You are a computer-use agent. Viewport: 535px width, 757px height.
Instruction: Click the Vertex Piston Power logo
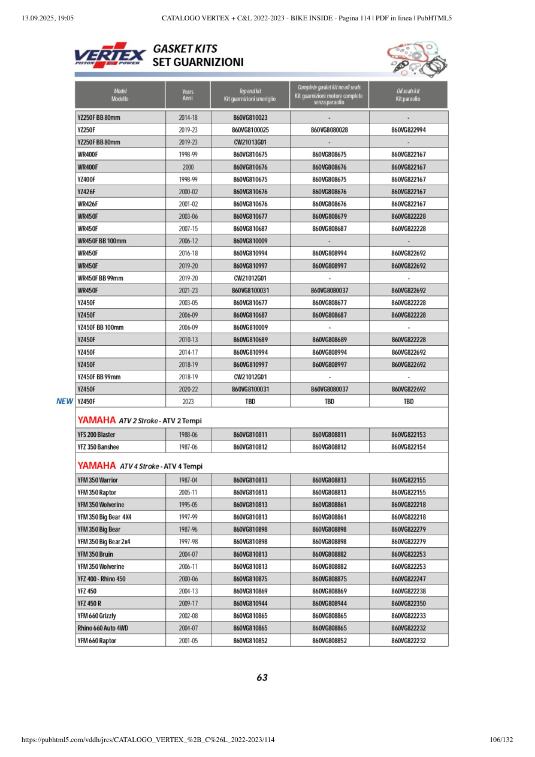(x=110, y=55)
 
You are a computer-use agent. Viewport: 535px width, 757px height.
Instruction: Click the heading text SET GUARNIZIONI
(x=198, y=62)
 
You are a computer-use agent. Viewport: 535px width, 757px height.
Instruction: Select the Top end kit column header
(x=250, y=95)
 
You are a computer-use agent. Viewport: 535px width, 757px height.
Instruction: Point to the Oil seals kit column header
(x=408, y=95)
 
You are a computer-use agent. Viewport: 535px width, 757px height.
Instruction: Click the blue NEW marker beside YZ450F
(x=65, y=402)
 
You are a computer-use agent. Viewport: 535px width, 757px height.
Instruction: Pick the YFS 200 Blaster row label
(x=96, y=435)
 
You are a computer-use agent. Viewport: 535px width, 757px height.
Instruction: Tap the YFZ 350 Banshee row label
(x=98, y=447)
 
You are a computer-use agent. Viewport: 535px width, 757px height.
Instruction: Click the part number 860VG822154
(x=409, y=447)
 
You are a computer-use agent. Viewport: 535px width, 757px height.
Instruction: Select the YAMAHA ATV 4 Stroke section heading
(x=140, y=466)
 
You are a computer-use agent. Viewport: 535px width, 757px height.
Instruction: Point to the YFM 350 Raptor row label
(x=97, y=493)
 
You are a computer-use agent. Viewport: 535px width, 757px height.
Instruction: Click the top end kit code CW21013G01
(x=250, y=142)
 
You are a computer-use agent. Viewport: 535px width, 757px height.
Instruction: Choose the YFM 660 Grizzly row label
(x=97, y=616)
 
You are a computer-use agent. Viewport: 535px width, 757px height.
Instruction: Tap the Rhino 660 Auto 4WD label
(x=103, y=628)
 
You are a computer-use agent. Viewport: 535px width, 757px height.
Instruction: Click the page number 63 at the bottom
(x=262, y=678)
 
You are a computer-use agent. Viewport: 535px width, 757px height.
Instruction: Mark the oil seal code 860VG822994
(x=409, y=130)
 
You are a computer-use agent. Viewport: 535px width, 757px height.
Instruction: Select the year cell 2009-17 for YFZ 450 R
(x=188, y=604)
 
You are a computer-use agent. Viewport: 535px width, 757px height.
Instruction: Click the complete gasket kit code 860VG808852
(x=330, y=641)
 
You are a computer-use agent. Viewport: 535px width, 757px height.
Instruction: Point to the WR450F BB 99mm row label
(x=101, y=278)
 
